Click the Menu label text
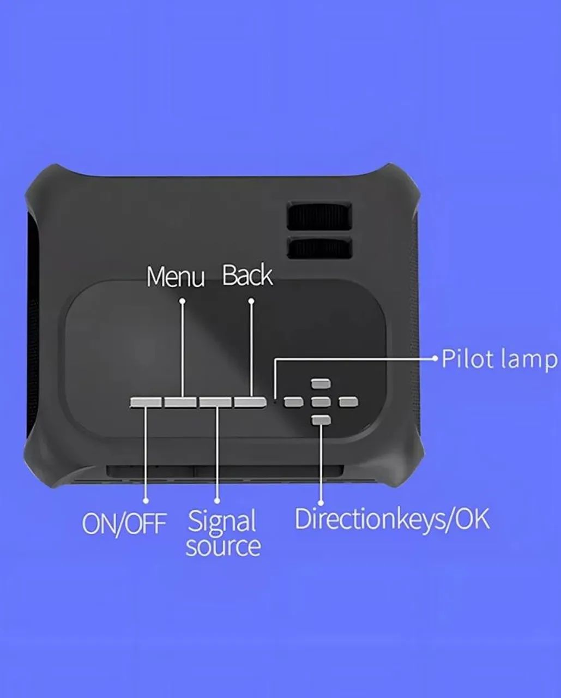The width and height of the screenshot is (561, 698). tap(176, 276)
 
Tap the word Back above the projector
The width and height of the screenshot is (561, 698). tap(248, 275)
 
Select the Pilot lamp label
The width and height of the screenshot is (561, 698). tap(499, 359)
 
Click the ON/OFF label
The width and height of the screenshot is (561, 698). tap(124, 523)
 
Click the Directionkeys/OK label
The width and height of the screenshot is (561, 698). tap(392, 519)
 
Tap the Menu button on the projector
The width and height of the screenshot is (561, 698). tap(181, 402)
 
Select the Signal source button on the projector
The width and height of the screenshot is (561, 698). tap(215, 402)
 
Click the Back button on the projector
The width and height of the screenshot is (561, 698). tap(250, 402)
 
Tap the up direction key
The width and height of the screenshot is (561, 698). tap(321, 384)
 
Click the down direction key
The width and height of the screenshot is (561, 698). tap(321, 420)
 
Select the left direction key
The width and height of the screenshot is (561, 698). tap(293, 402)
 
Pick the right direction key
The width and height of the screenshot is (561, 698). tap(348, 402)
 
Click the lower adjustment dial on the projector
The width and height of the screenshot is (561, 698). tap(320, 248)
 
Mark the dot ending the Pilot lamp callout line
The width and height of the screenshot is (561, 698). tap(435, 359)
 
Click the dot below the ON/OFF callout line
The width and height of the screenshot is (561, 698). tap(146, 500)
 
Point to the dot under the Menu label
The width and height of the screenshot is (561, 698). tap(182, 300)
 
